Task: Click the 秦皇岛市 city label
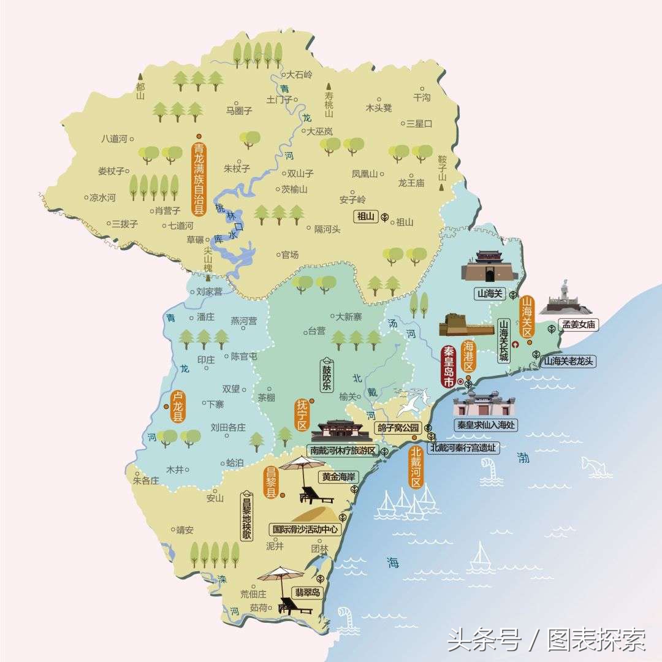(449, 366)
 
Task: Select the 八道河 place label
(114, 139)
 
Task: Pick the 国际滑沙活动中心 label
(305, 528)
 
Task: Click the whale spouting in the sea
(596, 466)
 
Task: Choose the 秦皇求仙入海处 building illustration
(483, 404)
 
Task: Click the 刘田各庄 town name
(228, 427)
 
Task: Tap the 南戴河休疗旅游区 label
(343, 451)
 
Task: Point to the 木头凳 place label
(379, 108)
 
